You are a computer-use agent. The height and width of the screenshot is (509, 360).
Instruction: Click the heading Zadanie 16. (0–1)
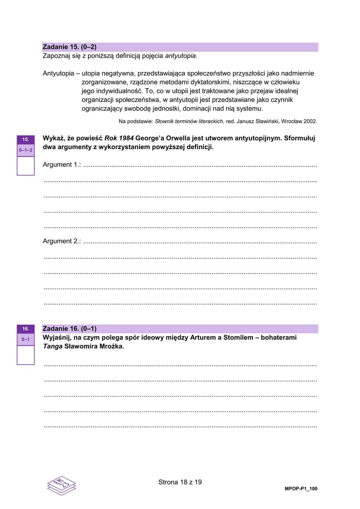(x=69, y=329)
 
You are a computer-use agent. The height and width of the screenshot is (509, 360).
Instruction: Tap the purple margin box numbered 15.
(x=26, y=139)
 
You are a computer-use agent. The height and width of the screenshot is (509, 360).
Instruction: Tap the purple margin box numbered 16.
(x=26, y=329)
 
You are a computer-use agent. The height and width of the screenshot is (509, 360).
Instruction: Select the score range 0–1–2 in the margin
(x=26, y=150)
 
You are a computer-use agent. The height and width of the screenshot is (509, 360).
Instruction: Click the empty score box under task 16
(x=26, y=355)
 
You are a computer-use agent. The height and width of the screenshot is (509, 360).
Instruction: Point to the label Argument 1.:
(x=62, y=165)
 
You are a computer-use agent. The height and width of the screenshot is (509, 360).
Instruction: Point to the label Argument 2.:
(x=62, y=241)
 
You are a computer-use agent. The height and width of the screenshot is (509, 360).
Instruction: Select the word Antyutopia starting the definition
(x=58, y=73)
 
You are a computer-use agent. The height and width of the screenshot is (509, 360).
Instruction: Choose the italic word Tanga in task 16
(x=52, y=347)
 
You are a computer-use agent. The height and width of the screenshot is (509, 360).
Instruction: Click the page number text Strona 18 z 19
(x=180, y=482)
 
